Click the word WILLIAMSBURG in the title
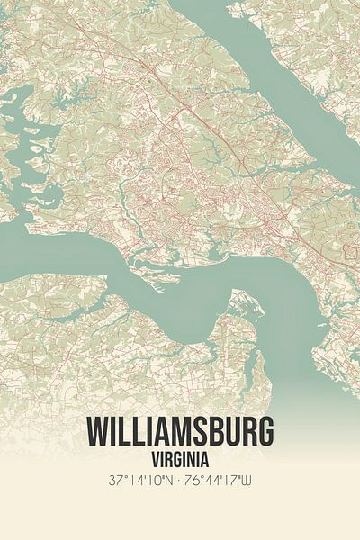[180, 433]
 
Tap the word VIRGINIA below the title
[180, 458]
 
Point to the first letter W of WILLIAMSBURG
[98, 433]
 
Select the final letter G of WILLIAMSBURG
[264, 433]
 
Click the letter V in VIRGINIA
[150, 458]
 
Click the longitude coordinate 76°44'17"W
[222, 481]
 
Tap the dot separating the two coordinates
[180, 481]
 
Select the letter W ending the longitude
[253, 481]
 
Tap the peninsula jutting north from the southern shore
[239, 310]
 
